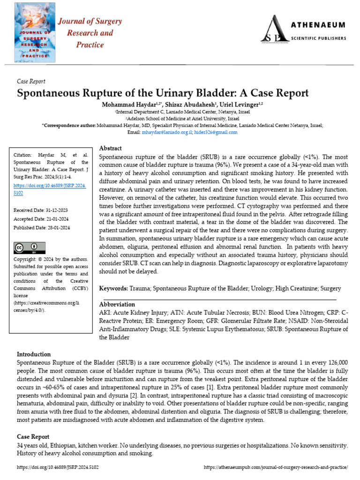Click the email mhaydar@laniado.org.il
(x=167, y=132)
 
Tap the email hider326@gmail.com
(x=216, y=132)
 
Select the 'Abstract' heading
(x=111, y=148)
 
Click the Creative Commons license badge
(x=30, y=248)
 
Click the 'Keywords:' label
(x=113, y=288)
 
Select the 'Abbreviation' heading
(x=117, y=304)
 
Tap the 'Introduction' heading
(x=34, y=354)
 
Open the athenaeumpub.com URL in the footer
(x=277, y=467)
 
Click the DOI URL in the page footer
(x=58, y=467)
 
